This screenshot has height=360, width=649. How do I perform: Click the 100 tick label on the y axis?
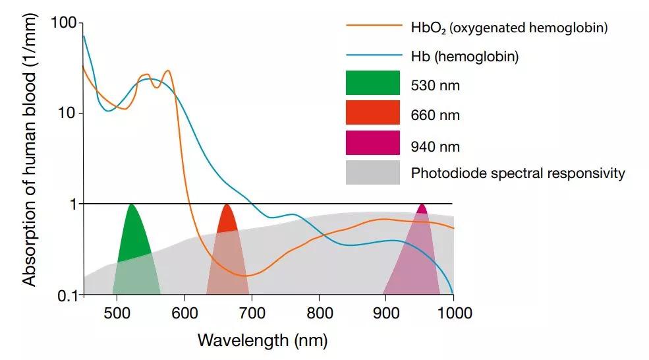pos(63,24)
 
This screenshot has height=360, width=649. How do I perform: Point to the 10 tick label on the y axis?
pos(67,113)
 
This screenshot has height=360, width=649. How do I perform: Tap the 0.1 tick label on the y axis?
pos(65,295)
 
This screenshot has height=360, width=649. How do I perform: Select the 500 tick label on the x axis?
pos(117,313)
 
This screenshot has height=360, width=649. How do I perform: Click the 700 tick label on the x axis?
pos(252,313)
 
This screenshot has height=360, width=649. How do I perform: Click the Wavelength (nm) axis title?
pos(262,340)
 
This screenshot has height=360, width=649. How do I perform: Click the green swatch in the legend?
pos(372,83)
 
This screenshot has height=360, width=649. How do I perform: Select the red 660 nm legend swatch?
pos(372,113)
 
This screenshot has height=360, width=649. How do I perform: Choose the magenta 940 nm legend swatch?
pos(372,143)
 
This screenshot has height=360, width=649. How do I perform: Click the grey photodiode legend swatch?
pos(372,173)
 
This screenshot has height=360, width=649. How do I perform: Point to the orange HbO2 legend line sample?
pos(374,27)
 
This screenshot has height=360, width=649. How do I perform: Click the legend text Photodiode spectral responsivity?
pos(518,173)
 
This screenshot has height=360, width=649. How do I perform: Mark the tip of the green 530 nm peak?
pos(132,204)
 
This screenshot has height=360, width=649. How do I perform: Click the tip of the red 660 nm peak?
pos(227,204)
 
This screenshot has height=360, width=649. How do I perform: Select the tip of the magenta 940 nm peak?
pos(422,204)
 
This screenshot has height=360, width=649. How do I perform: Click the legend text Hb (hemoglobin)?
pos(465,57)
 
